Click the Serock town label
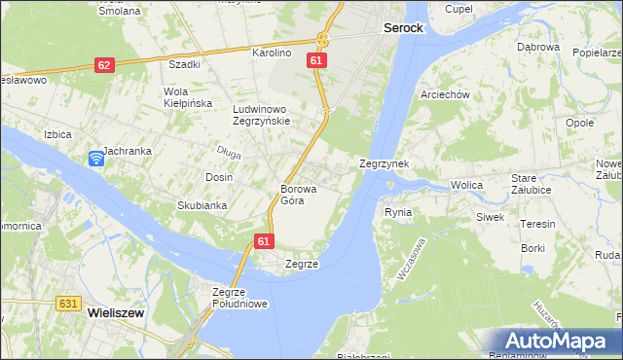402,29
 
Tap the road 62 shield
104,65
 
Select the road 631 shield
67,304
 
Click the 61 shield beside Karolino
315,60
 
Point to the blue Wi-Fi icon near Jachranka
95,159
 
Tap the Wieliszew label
117,314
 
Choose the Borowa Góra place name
292,195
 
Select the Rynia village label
398,212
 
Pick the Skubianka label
202,205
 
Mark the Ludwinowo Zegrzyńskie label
261,115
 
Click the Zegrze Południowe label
239,298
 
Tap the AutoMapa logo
559,342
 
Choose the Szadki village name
184,65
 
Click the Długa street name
229,152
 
